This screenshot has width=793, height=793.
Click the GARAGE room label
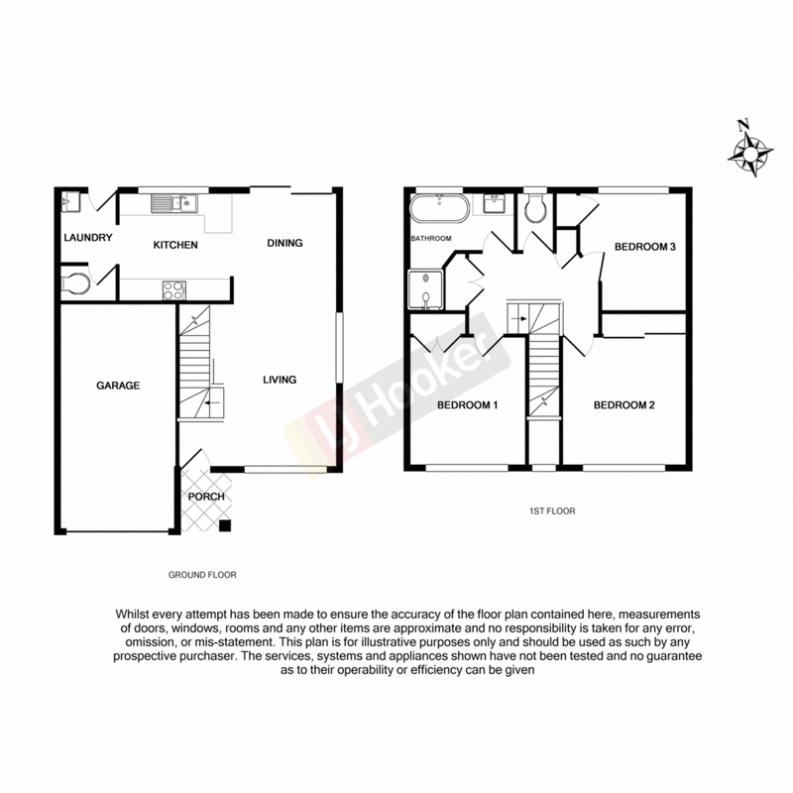pyautogui.click(x=118, y=386)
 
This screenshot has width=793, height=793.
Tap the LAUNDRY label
pyautogui.click(x=86, y=238)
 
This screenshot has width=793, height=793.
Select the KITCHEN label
pyautogui.click(x=175, y=244)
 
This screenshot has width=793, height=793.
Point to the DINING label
pyautogui.click(x=284, y=243)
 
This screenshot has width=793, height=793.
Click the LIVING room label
pyautogui.click(x=279, y=380)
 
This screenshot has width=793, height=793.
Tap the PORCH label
pyautogui.click(x=205, y=497)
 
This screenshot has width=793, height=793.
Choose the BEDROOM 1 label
pyautogui.click(x=467, y=404)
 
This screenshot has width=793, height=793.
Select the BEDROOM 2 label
pyautogui.click(x=624, y=404)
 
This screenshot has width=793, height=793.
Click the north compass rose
pyautogui.click(x=750, y=153)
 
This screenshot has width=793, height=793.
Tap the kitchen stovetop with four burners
pyautogui.click(x=173, y=290)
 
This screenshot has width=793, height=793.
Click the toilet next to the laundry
pyautogui.click(x=75, y=284)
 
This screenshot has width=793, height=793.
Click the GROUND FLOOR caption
pyautogui.click(x=202, y=575)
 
